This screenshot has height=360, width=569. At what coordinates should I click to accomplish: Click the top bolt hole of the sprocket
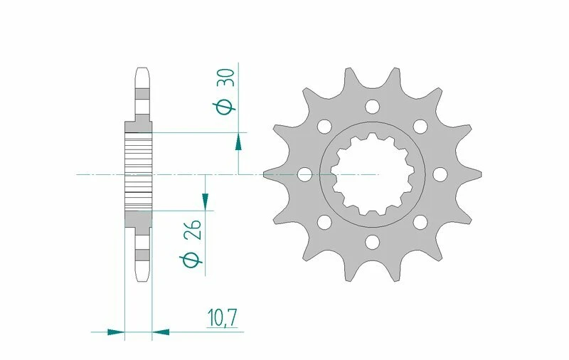pos(372,107)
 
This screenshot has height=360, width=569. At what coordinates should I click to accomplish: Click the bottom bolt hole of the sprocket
pos(372,243)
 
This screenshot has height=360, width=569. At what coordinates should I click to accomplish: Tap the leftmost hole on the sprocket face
pos(304,174)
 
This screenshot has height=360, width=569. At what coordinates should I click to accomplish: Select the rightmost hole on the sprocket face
pos(440,174)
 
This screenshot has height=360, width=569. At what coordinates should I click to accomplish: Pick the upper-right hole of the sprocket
pos(420,127)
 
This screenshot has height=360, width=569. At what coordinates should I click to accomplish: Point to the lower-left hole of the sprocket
pos(324,223)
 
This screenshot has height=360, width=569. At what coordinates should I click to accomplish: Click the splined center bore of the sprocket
pos(372,175)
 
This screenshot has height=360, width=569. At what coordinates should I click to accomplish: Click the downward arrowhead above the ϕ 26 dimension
pos(206,201)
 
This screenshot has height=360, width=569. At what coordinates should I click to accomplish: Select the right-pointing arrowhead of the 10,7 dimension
pos(115,331)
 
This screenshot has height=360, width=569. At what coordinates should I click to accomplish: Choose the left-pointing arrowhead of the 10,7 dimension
pos(161,331)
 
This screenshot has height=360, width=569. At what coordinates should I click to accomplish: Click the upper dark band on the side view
pos(142,94)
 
